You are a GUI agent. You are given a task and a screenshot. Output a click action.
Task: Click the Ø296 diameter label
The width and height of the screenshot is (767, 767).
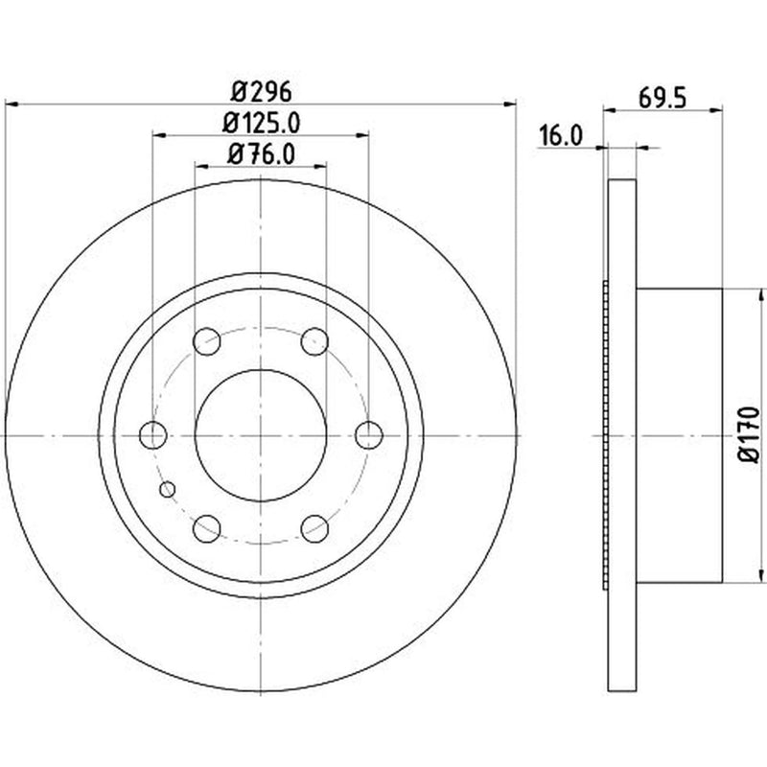[x=261, y=91]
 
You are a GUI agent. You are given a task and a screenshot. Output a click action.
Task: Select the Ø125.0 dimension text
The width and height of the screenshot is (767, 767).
[x=261, y=124]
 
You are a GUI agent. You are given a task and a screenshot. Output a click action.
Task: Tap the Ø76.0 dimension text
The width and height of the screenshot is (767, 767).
[x=261, y=154]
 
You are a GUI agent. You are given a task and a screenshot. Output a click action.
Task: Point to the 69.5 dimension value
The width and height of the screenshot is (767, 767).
[x=662, y=99]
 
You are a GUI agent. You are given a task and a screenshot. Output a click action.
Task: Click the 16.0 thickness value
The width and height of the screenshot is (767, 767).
[x=561, y=135]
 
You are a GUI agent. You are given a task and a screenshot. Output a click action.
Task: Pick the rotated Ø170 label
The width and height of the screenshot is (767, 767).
[x=749, y=434]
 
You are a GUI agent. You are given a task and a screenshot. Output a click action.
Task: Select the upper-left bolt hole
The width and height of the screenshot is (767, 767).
[x=207, y=341]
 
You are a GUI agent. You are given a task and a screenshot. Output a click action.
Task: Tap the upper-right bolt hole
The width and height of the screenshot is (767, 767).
[x=314, y=341]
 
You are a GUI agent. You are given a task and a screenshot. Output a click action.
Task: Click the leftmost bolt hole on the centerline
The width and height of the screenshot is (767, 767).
[x=153, y=435]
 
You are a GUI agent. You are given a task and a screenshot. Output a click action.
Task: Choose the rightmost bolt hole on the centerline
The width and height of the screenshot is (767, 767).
[x=369, y=435]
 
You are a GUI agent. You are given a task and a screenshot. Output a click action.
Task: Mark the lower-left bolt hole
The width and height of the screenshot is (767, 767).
[x=207, y=528]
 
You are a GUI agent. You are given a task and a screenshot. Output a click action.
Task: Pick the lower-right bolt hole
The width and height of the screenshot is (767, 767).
[x=314, y=528]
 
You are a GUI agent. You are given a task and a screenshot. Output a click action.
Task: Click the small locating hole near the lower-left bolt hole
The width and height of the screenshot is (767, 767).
[x=168, y=489]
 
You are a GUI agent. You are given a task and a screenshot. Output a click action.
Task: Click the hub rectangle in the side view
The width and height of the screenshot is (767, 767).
[x=680, y=435]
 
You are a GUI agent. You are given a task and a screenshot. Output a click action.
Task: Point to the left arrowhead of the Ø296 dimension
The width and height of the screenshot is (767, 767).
[x=12, y=104]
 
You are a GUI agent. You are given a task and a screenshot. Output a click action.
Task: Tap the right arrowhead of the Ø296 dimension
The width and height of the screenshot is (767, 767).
[x=510, y=104]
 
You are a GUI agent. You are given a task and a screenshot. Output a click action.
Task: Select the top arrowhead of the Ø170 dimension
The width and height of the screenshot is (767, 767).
[x=760, y=295]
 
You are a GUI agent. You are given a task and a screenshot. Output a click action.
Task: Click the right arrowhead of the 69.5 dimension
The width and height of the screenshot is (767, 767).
[x=716, y=110]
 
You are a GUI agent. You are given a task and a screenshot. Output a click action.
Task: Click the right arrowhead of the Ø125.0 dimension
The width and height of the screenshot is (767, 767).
[x=362, y=135]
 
